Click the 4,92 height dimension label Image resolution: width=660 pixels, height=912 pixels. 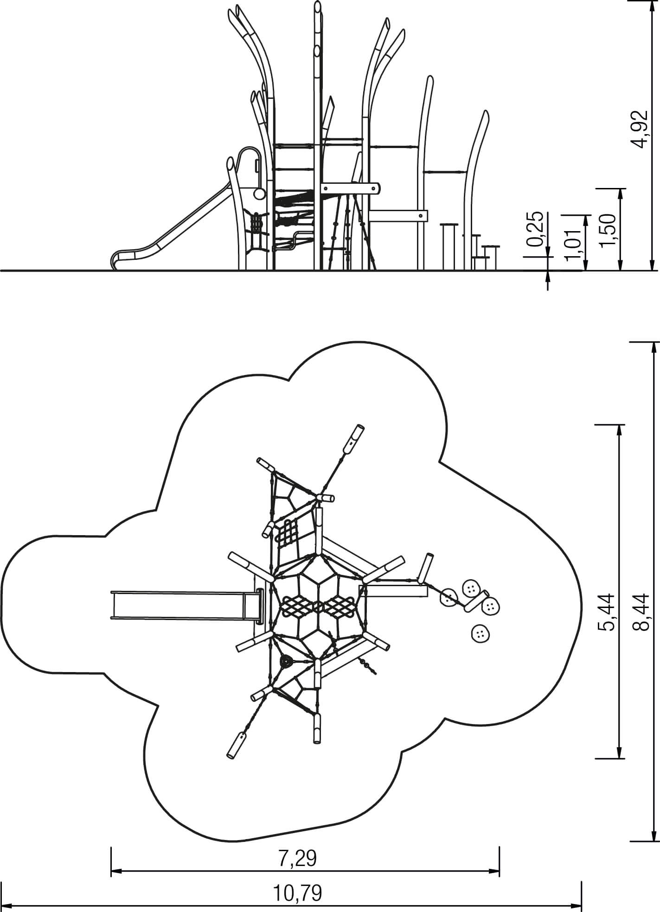click(x=641, y=129)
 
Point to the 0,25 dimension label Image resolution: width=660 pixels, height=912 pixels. click(x=536, y=228)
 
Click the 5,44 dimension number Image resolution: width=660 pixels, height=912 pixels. click(x=606, y=612)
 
